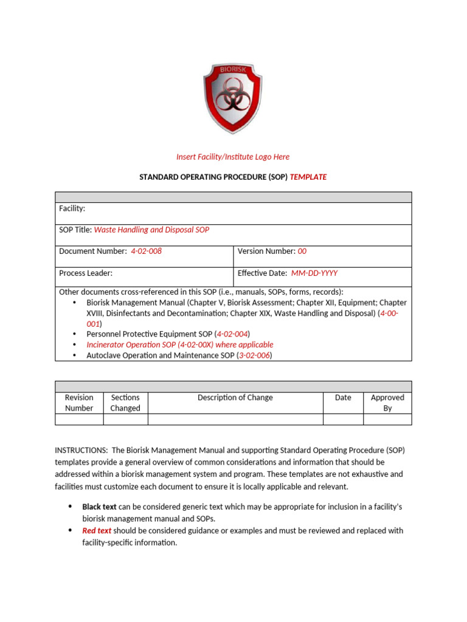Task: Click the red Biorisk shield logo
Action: point(233,100)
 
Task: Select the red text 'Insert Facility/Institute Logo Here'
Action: point(233,157)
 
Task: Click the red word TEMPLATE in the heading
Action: point(308,177)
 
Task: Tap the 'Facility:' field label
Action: point(72,208)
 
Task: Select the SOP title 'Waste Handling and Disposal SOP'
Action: point(151,230)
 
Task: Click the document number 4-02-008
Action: point(147,251)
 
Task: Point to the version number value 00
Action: point(302,251)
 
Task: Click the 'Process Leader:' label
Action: point(86,273)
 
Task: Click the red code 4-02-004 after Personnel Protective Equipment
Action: point(232,334)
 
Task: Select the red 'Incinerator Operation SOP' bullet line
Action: point(180,344)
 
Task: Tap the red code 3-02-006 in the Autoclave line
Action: point(253,355)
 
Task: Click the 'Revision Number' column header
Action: point(79,403)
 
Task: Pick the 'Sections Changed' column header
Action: point(125,403)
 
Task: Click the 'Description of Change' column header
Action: point(235,398)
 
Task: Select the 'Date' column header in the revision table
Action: point(343,398)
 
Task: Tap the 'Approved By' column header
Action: point(387,403)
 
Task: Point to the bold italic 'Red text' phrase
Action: point(97,530)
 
